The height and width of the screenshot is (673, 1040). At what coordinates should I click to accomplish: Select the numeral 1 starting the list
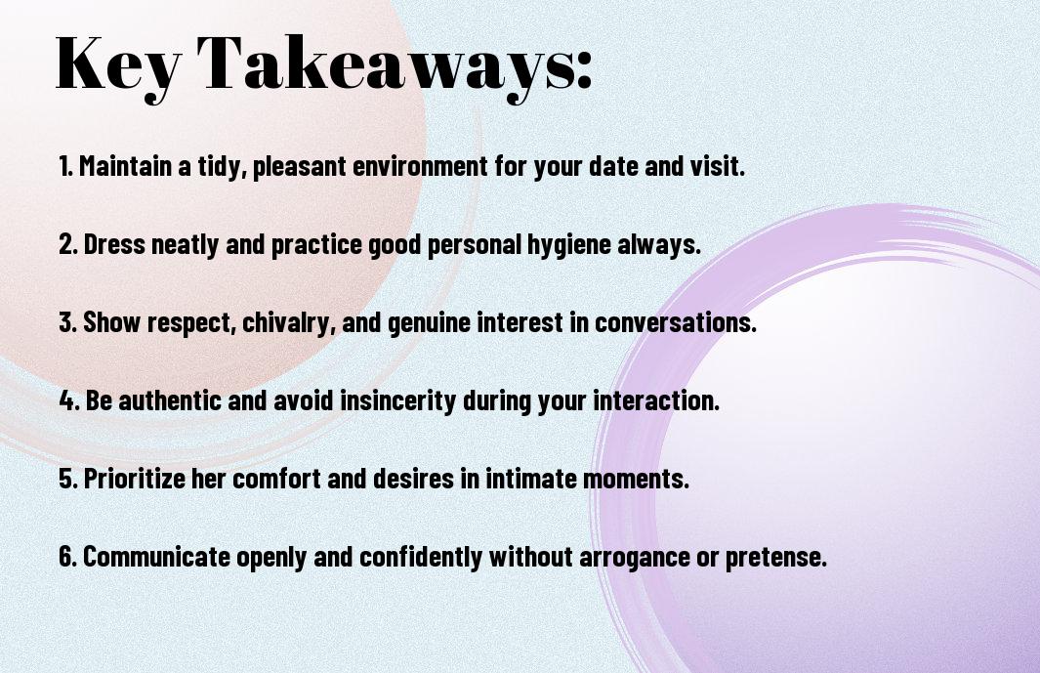pos(64,166)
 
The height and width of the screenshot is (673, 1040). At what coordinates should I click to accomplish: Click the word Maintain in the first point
pos(125,166)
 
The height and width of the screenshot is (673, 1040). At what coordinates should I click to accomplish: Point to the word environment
pos(420,166)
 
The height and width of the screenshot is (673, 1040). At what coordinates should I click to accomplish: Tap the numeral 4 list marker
pos(67,400)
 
